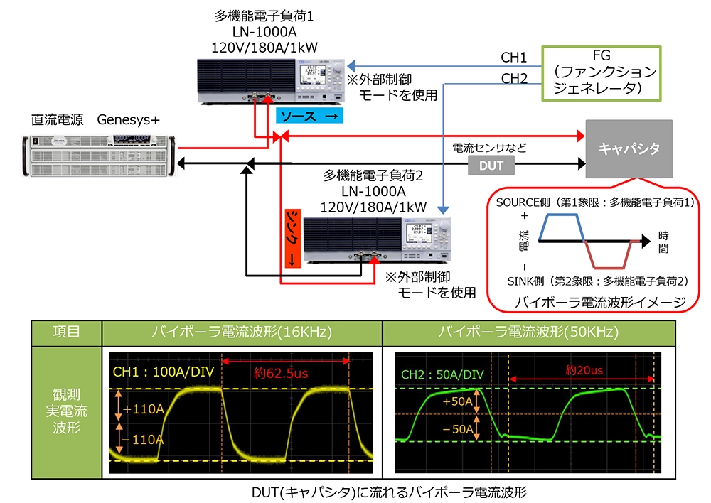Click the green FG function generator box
point(602,72)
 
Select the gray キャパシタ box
point(629,149)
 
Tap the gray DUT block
point(491,166)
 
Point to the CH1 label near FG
point(514,58)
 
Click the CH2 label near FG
point(514,78)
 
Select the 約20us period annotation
point(584,370)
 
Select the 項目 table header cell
point(66,330)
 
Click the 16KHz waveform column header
point(242,330)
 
